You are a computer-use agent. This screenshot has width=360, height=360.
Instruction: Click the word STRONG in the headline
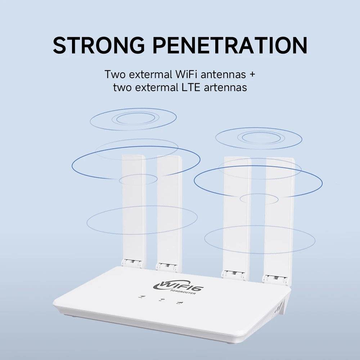point(99,45)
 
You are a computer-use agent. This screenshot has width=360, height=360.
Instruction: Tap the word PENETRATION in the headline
point(230,45)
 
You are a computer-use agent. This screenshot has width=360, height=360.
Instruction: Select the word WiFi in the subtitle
point(186,75)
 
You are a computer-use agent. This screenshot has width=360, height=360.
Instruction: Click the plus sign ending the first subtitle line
point(252,75)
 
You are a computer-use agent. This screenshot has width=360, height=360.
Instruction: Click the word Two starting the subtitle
point(115,75)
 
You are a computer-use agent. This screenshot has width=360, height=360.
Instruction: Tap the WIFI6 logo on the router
point(178,286)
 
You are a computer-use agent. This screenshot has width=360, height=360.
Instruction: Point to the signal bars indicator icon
point(180,303)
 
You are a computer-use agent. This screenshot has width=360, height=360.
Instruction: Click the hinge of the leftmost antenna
point(132,264)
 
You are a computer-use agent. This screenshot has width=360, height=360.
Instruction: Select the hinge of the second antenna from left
point(166,267)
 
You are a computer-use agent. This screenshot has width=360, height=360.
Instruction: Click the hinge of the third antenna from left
point(233,275)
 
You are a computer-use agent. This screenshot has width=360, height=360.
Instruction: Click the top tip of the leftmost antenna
point(134,156)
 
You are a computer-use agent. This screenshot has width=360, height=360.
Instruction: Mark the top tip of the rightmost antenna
point(280,158)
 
